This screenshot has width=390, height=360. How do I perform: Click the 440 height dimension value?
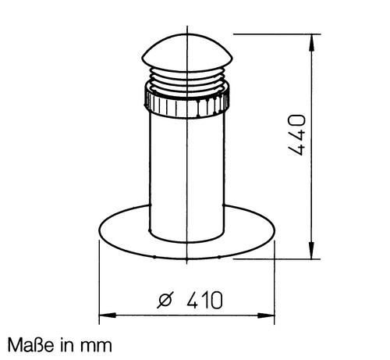(x=296, y=135)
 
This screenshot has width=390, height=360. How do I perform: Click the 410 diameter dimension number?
(x=205, y=300)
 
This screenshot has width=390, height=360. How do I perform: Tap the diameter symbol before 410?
(x=165, y=300)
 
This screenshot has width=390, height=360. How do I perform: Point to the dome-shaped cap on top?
(x=187, y=52)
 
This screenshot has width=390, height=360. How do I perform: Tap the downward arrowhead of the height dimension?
(x=312, y=250)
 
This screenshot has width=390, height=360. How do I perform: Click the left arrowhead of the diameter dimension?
(x=108, y=315)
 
